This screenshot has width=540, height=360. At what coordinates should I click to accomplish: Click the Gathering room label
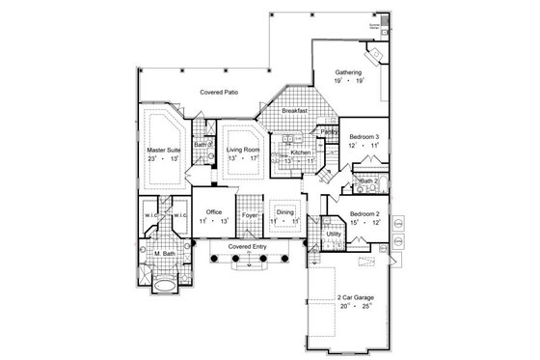point(348,73)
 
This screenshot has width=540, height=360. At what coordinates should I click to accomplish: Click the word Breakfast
point(295,112)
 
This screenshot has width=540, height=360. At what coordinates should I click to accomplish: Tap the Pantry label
point(329,131)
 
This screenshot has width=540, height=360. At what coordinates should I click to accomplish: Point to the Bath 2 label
point(368,180)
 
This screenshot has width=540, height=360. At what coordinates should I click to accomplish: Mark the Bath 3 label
point(202,145)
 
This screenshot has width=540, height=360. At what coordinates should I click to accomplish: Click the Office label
point(214,212)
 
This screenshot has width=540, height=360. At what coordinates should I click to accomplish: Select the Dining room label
point(285,212)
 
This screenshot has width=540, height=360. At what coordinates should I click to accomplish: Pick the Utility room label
point(334,235)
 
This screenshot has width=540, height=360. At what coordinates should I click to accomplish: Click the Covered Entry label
point(248,247)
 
